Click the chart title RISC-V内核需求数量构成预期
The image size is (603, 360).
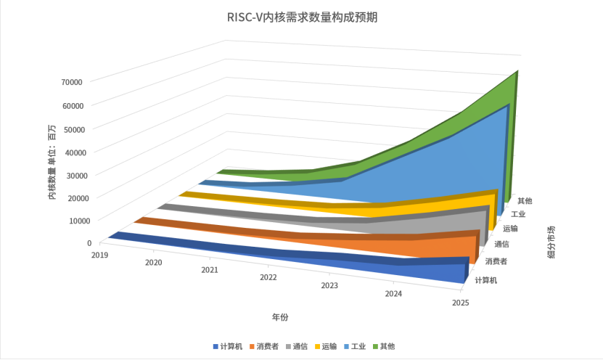coord(302,18)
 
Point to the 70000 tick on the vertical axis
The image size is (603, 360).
coord(71,82)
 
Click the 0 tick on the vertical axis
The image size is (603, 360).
coord(89,243)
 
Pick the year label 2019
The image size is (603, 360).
coord(99,255)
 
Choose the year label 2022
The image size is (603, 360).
coord(268,277)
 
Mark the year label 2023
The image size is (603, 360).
coord(329,285)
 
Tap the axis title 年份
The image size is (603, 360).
coord(280,317)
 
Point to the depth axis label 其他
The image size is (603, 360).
coord(525,200)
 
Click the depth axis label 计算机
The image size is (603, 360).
coord(485,279)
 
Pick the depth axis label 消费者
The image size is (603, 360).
coord(496,261)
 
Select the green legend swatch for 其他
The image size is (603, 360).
coord(375,346)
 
